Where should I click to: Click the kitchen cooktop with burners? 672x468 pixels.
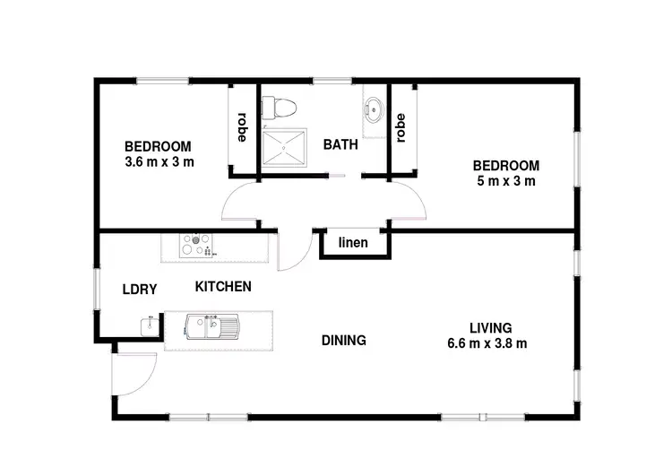pyautogui.click(x=195, y=245)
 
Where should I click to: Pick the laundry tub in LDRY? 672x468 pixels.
pyautogui.click(x=149, y=327)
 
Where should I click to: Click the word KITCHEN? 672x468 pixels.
pyautogui.click(x=223, y=287)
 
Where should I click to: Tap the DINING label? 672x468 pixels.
pyautogui.click(x=344, y=341)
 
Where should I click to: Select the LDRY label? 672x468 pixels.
pyautogui.click(x=140, y=289)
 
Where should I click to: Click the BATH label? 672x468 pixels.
pyautogui.click(x=340, y=143)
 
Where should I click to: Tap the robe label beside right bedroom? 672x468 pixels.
pyautogui.click(x=401, y=126)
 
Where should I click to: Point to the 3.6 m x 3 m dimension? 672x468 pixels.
pyautogui.click(x=159, y=162)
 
